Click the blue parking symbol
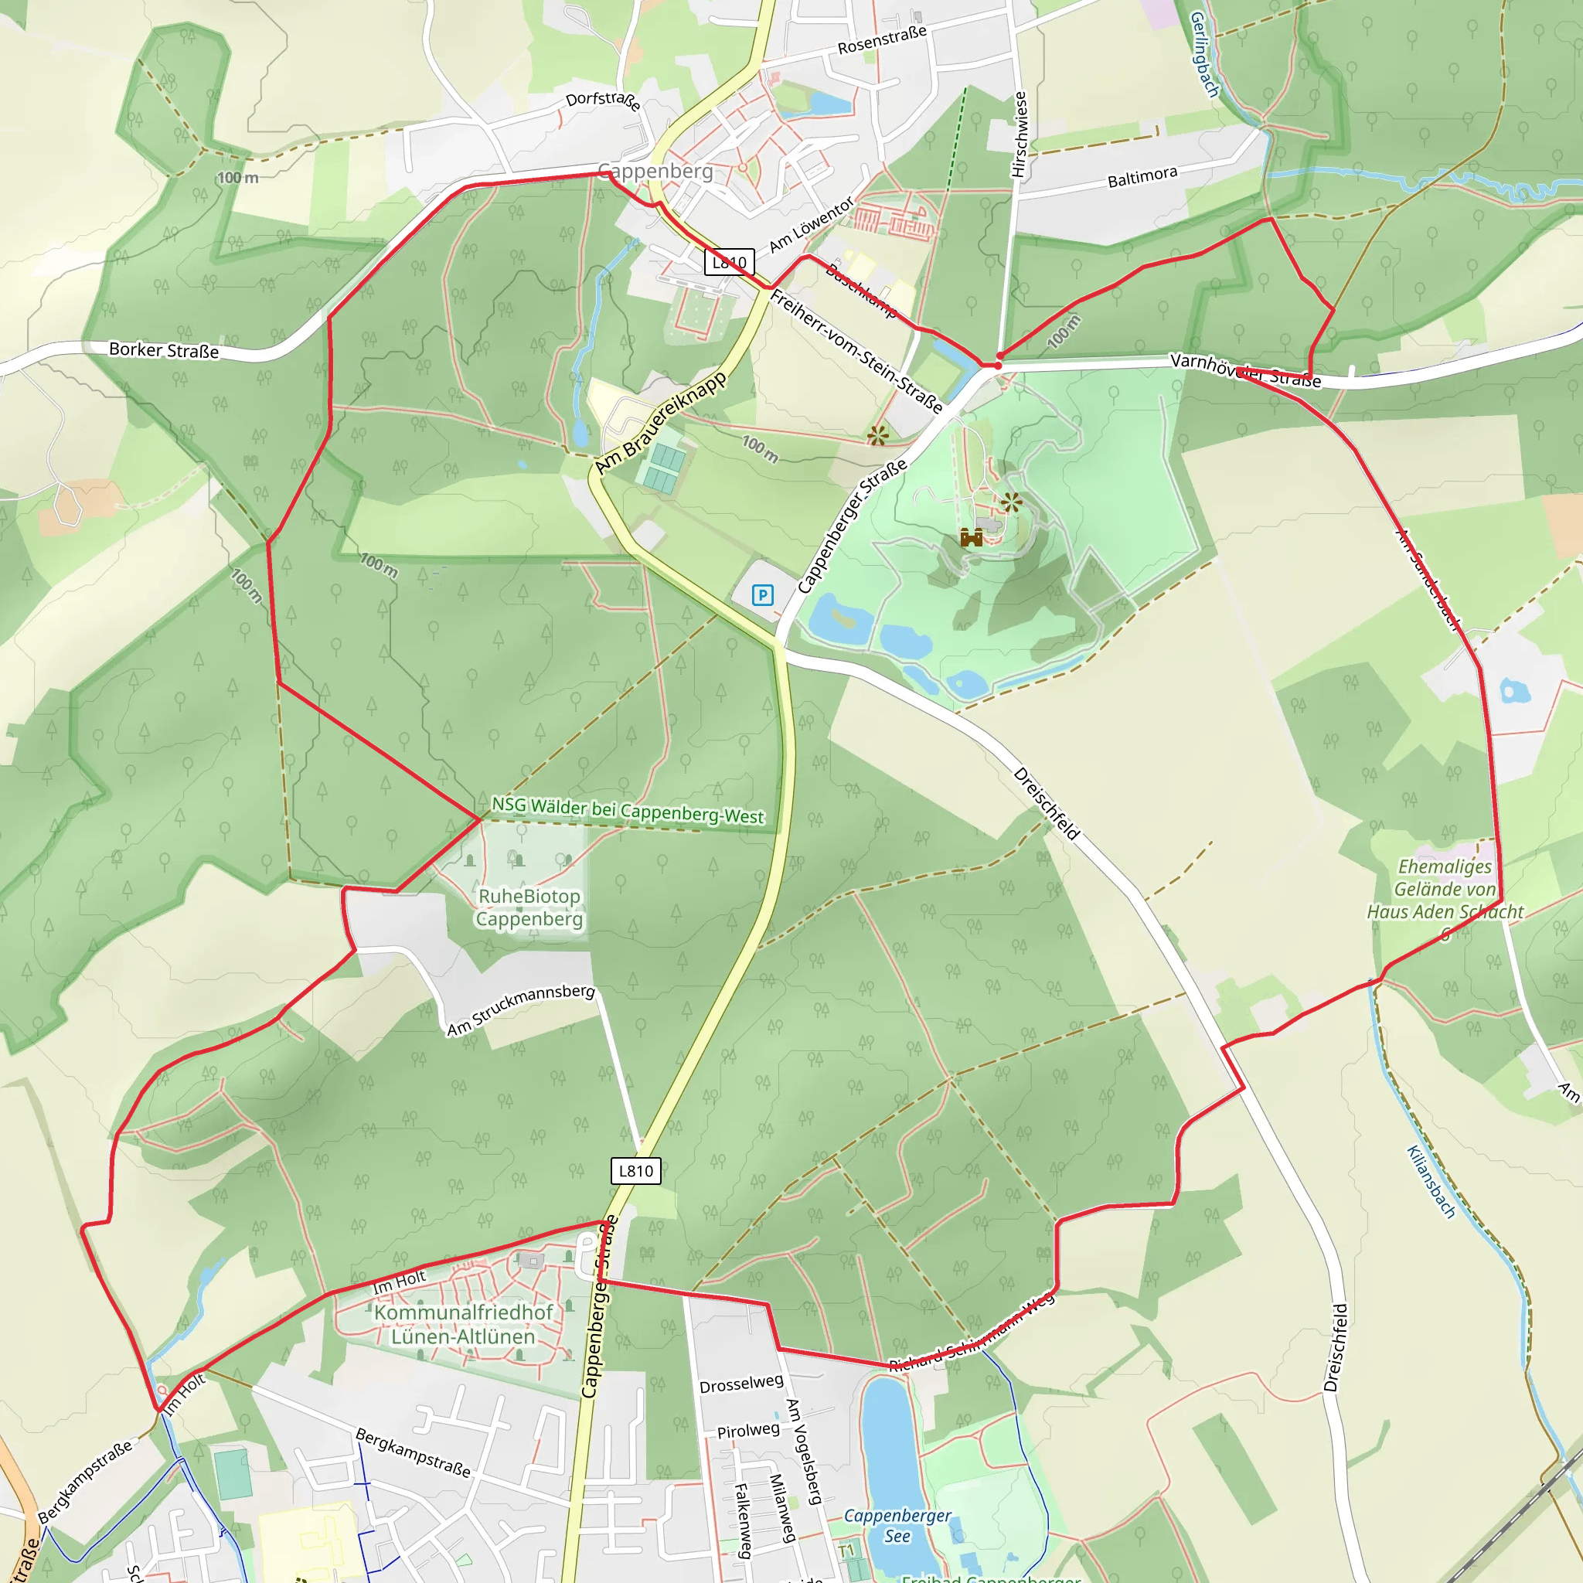[x=762, y=595]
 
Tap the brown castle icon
[x=971, y=537]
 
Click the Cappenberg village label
[x=655, y=172]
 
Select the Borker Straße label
[x=164, y=350]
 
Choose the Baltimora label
[x=1142, y=176]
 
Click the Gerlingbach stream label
[x=1203, y=54]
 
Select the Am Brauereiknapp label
[x=660, y=423]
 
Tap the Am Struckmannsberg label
[x=521, y=1009]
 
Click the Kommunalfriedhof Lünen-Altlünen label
[x=464, y=1324]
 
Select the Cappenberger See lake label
[x=897, y=1526]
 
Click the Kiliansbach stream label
[x=1431, y=1182]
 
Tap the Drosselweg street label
[x=740, y=1384]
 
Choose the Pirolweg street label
[x=749, y=1431]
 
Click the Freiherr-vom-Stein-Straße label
[x=856, y=352]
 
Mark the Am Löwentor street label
[x=811, y=224]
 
